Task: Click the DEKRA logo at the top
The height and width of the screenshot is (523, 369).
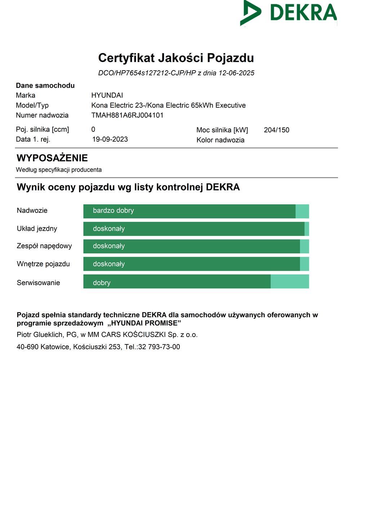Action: pyautogui.click(x=288, y=13)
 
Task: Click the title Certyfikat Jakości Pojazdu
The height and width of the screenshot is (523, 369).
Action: pyautogui.click(x=176, y=58)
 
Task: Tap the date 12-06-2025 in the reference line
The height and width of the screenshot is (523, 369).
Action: pyautogui.click(x=236, y=73)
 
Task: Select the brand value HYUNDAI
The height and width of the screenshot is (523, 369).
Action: pyautogui.click(x=107, y=95)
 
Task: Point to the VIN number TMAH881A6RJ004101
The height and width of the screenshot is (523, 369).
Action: pyautogui.click(x=127, y=115)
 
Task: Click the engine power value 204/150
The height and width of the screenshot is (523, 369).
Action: pyautogui.click(x=276, y=130)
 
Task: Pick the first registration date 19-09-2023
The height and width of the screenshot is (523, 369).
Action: pyautogui.click(x=110, y=139)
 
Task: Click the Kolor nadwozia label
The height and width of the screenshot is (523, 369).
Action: pyautogui.click(x=220, y=140)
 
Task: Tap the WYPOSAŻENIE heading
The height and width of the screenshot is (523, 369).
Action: pyautogui.click(x=52, y=158)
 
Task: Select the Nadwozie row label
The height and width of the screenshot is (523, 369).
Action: pyautogui.click(x=32, y=211)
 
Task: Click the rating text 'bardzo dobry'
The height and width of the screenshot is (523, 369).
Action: pyautogui.click(x=113, y=211)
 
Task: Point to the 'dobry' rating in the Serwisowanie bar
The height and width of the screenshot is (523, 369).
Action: pyautogui.click(x=102, y=283)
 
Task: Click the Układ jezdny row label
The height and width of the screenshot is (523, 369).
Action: pyautogui.click(x=37, y=229)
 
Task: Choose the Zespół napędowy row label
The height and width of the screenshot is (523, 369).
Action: pyautogui.click(x=44, y=246)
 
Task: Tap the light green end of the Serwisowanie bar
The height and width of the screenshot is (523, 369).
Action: pyautogui.click(x=290, y=281)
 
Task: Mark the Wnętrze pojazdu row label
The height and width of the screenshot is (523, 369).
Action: pyautogui.click(x=43, y=264)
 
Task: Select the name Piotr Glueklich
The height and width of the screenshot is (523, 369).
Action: pyautogui.click(x=40, y=335)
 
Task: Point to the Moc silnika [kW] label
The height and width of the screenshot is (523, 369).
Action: pyautogui.click(x=222, y=130)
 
